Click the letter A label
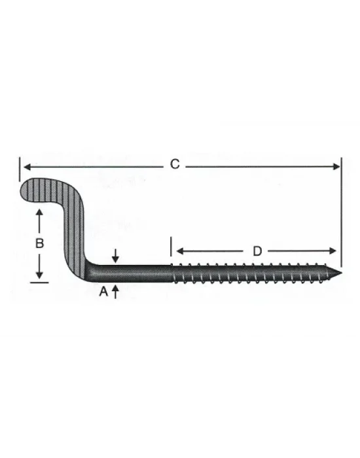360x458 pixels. click(103, 293)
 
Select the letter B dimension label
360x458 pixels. click(39, 243)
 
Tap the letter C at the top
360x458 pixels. click(175, 165)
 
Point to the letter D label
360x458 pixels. click(257, 251)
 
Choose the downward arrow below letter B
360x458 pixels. click(39, 274)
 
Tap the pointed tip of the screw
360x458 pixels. click(341, 272)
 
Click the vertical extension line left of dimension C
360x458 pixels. click(20, 167)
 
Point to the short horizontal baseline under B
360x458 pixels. click(39, 282)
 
